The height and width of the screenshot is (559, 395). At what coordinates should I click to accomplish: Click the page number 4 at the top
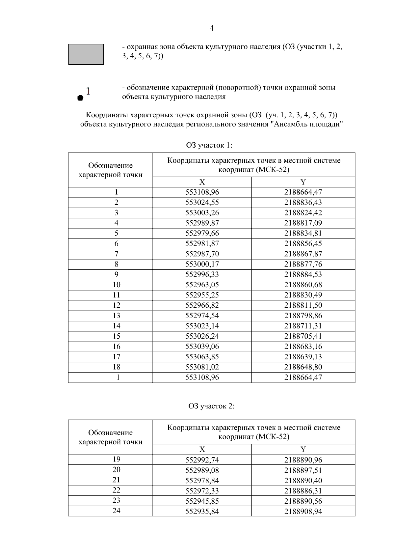click(x=211, y=28)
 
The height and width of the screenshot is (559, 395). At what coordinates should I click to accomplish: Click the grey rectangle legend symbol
click(x=86, y=54)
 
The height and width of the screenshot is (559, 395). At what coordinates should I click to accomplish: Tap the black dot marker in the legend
click(x=80, y=98)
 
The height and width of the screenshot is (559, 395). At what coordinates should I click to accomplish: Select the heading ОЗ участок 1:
click(x=209, y=145)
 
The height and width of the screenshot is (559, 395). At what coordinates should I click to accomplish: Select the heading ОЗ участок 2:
click(x=211, y=406)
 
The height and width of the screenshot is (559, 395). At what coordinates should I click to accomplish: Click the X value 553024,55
click(x=202, y=202)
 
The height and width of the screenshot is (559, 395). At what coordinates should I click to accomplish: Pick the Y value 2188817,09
click(x=303, y=223)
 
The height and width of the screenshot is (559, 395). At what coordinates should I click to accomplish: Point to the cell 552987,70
click(x=202, y=254)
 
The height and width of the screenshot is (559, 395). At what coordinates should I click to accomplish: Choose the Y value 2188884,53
click(x=303, y=274)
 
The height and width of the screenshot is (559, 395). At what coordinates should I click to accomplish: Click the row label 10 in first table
click(x=117, y=285)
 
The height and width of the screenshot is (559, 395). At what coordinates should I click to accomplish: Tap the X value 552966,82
click(x=202, y=305)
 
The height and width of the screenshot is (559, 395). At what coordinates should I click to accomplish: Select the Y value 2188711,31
click(x=303, y=326)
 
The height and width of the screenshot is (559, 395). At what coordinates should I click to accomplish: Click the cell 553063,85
click(x=202, y=357)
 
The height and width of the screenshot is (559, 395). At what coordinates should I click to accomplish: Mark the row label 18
click(x=117, y=367)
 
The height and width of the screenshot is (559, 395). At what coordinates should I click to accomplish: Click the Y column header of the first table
click(x=303, y=182)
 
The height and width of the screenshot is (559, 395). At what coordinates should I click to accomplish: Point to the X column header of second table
click(x=202, y=449)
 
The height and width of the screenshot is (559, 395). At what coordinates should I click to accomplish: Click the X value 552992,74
click(x=202, y=460)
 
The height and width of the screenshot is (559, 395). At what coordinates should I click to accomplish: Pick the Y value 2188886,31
click(x=303, y=491)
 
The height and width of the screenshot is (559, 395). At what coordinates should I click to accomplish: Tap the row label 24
click(x=117, y=511)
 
